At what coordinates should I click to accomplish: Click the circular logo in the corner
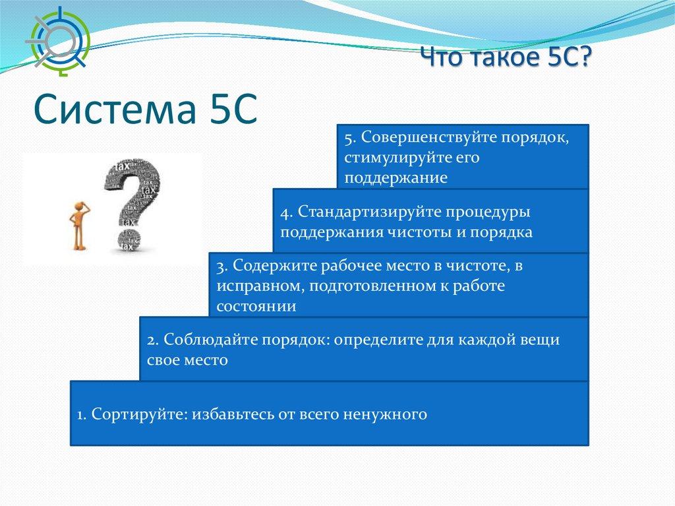tap(58, 42)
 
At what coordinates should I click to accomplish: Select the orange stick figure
tap(79, 225)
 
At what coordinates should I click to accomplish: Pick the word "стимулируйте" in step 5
tap(392, 158)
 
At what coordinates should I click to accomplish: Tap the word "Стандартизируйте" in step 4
tap(369, 212)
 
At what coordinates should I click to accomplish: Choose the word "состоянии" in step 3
tap(256, 307)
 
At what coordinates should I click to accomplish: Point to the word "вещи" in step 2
tap(540, 340)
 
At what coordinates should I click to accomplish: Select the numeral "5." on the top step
tap(350, 138)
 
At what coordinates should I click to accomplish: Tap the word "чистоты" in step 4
tap(419, 233)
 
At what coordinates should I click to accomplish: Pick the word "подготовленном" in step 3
tap(372, 286)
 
